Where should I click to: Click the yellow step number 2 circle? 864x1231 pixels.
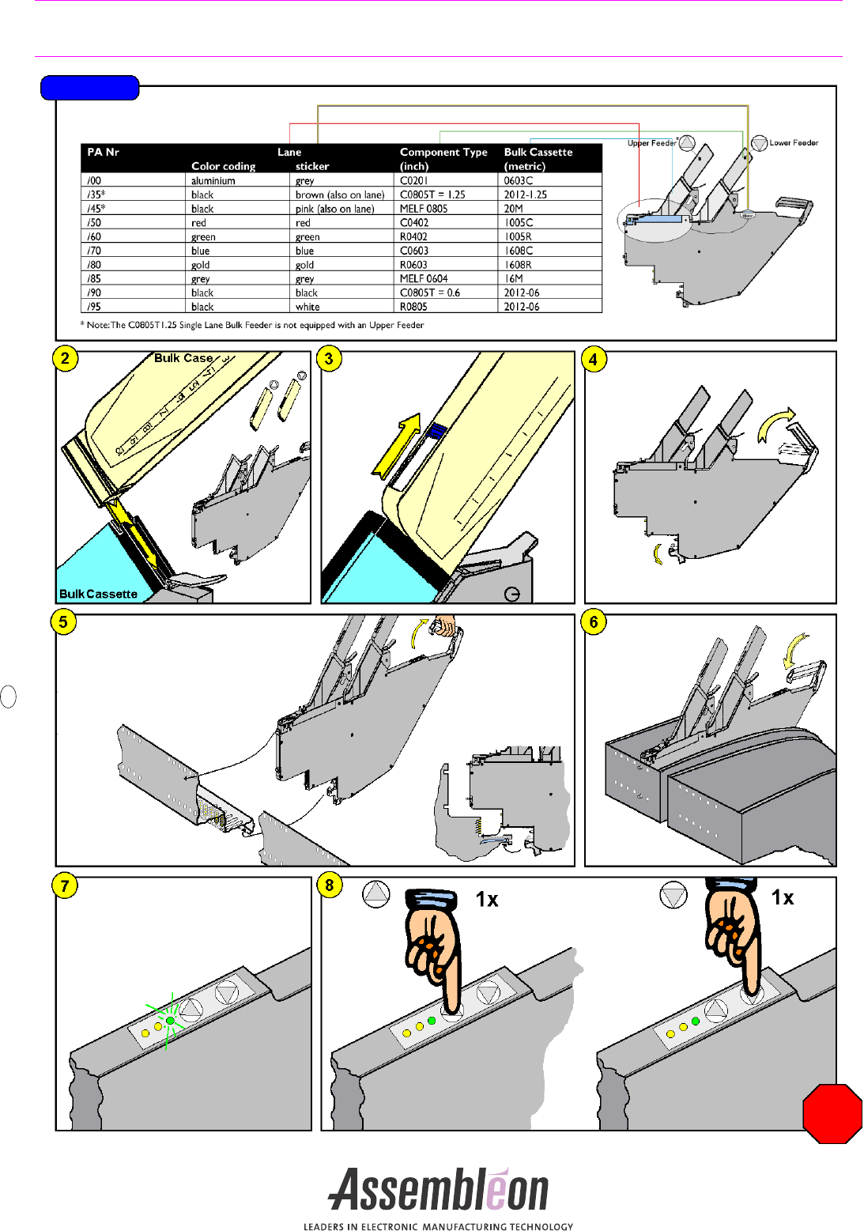coord(65,358)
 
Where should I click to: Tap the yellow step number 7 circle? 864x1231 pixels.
coord(65,885)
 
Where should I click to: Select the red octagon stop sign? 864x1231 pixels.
coord(832,1113)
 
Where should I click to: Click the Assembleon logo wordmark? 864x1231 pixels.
coord(439,1190)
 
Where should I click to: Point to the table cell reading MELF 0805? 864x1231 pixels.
coord(424,209)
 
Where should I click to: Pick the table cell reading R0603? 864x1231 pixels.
coord(413,265)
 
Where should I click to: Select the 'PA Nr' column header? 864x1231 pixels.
coord(104,152)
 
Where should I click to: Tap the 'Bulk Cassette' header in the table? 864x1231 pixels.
coord(538,152)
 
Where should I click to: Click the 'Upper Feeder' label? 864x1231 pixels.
coord(651,143)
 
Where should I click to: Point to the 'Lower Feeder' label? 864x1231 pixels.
coord(794,143)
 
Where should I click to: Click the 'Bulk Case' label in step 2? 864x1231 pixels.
coord(183,358)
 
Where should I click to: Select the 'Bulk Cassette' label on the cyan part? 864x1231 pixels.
coord(98,594)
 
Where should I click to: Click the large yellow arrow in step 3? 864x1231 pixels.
coord(398,447)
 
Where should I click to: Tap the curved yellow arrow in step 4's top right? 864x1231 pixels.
coord(775,423)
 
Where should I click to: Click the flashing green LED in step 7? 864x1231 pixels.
coord(170,1021)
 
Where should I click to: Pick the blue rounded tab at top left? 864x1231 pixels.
coord(90,88)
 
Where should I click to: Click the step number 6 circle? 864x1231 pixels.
coord(594,622)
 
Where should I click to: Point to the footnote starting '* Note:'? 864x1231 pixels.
coord(252,325)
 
